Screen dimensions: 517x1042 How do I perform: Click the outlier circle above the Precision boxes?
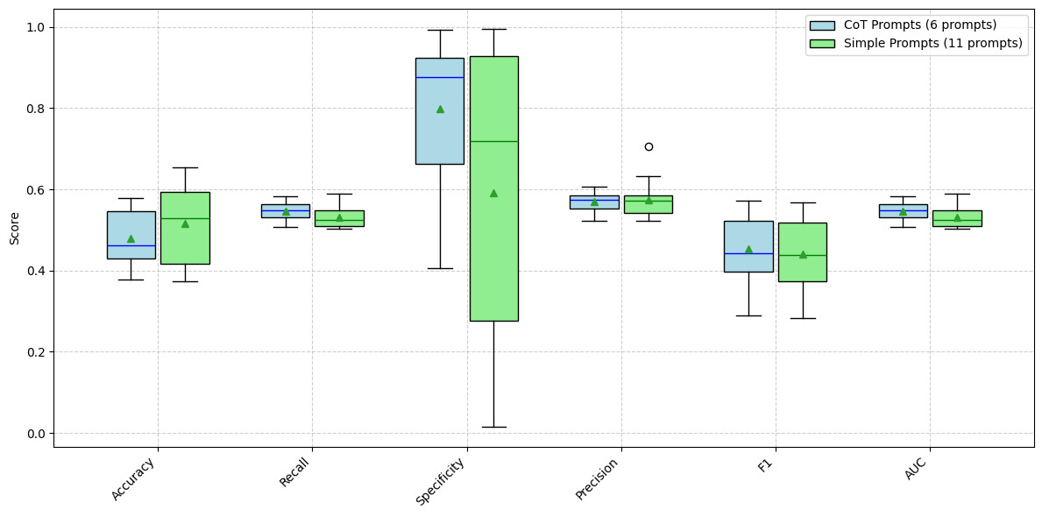(x=649, y=146)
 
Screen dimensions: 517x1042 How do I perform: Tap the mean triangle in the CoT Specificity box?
(x=440, y=109)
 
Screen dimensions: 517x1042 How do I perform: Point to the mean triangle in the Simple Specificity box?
(x=493, y=193)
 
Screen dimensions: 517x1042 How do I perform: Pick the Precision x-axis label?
(x=599, y=478)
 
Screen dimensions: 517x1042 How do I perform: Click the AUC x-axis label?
(x=915, y=469)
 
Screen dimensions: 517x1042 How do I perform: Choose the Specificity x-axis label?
(x=440, y=481)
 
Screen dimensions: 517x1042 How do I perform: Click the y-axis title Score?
(x=14, y=228)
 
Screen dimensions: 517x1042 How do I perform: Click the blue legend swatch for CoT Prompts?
(x=822, y=25)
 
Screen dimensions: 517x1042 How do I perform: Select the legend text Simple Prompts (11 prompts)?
(x=932, y=43)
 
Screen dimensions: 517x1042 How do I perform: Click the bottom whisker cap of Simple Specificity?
(x=493, y=427)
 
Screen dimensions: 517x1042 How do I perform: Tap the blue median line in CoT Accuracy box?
(x=131, y=245)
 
